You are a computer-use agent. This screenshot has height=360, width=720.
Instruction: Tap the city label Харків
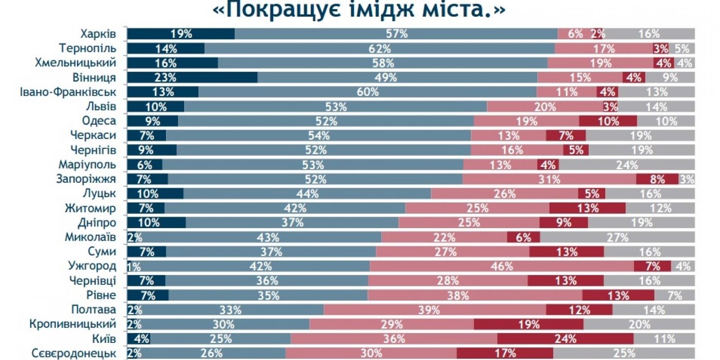98,34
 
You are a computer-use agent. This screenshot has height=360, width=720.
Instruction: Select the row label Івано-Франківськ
68,92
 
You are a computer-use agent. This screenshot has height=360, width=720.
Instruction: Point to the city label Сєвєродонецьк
74,353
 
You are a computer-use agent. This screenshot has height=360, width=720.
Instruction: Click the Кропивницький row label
72,324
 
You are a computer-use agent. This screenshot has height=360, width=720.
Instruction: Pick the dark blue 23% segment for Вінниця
192,77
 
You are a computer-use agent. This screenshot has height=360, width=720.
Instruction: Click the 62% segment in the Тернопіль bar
380,49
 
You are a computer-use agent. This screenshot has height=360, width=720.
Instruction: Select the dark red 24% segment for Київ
565,339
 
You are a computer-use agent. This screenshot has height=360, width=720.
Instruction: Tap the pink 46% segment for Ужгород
502,266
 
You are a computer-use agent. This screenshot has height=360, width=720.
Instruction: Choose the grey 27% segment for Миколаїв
617,237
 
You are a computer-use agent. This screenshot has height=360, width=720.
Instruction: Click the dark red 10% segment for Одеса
608,121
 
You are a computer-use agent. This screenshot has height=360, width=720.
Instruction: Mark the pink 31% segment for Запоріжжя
549,179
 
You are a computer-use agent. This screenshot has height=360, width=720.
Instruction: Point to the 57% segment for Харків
396,34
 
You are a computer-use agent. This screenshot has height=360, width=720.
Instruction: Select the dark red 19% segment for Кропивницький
529,324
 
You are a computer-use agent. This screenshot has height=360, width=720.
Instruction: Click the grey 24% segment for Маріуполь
627,165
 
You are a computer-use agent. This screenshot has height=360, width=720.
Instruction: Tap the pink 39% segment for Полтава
435,310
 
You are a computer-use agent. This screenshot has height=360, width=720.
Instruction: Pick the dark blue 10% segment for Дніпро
156,222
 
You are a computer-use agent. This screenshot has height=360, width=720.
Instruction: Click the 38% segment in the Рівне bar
475,295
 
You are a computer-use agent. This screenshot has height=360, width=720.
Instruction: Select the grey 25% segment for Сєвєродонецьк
624,353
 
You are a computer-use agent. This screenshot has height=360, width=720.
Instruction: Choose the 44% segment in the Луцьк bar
307,193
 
